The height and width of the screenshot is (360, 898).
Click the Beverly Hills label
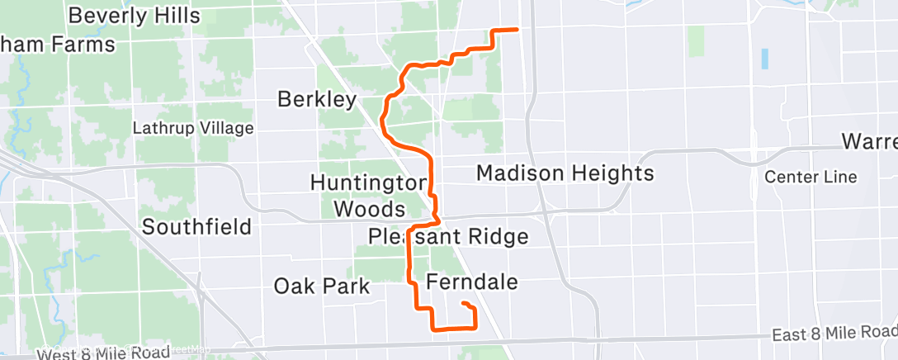(x=135, y=15)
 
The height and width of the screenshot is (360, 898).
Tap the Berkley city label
(x=317, y=100)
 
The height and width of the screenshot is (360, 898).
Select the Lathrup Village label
(x=193, y=128)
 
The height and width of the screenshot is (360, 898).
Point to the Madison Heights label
(x=565, y=173)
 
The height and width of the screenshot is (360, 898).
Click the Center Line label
(x=811, y=177)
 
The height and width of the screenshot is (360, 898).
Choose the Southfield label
(x=196, y=227)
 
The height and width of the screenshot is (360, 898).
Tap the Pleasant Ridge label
(x=448, y=237)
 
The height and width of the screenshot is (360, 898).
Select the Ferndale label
(x=472, y=282)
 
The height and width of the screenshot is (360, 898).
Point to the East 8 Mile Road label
(x=834, y=333)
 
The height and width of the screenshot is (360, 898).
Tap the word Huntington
(x=367, y=181)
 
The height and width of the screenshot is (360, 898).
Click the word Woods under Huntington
(x=369, y=208)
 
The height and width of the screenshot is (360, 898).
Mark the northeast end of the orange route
(x=517, y=30)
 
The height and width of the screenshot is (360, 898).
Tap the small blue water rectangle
(x=764, y=59)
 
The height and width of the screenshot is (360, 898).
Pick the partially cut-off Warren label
(x=869, y=141)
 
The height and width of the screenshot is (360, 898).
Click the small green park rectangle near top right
(x=696, y=40)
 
